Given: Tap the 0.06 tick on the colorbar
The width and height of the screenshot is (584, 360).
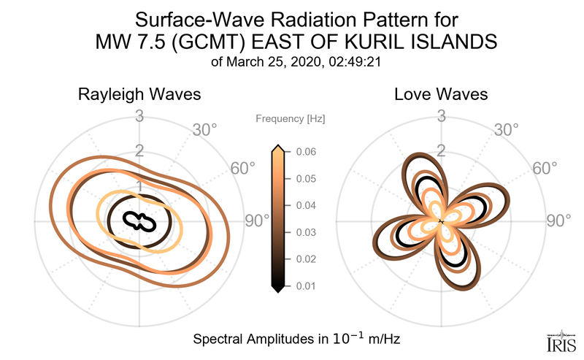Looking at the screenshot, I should point(306,152).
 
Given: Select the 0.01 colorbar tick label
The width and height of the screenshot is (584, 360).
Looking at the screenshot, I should point(306,286).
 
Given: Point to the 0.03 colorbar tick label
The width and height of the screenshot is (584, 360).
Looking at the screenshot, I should point(306,232).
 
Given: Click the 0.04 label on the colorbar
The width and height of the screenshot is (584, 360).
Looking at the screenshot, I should point(306,205).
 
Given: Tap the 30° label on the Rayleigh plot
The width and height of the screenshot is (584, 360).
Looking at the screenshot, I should point(204,130).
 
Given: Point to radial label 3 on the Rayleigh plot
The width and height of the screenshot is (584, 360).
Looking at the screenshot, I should point(139,115).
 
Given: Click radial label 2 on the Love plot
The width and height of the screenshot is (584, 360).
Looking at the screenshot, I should point(441,151).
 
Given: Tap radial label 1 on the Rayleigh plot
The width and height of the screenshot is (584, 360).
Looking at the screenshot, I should point(139,186).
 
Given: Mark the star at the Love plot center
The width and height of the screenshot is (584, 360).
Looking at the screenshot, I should point(441,221).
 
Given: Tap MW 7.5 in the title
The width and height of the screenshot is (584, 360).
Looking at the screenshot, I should point(128,42).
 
